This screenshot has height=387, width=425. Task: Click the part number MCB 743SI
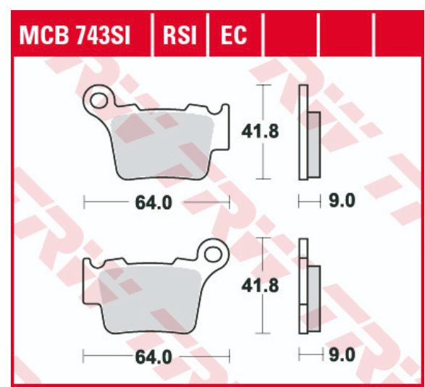point(76,33)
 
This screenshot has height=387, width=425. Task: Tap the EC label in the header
point(234,33)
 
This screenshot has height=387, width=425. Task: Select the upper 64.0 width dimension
point(153,203)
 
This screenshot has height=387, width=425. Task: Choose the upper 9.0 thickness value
point(342,201)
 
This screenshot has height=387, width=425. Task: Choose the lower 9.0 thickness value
point(342,355)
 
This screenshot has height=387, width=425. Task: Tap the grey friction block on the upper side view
point(314,145)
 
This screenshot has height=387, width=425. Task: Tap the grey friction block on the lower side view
point(314,297)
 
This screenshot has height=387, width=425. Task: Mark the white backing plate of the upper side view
point(303,132)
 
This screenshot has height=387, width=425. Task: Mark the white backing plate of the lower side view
point(303,286)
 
